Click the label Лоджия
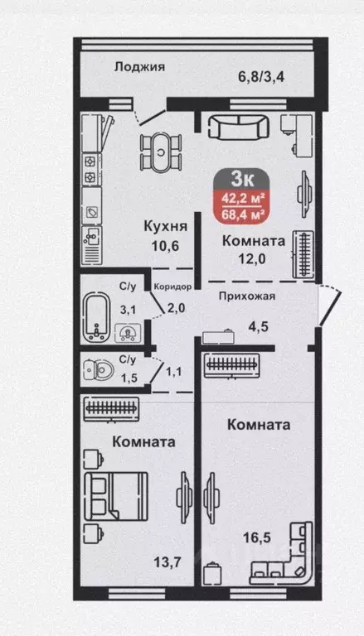(x=139, y=67)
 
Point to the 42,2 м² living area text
(x=242, y=198)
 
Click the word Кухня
(x=165, y=226)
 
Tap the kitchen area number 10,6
(x=165, y=244)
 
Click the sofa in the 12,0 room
(x=236, y=127)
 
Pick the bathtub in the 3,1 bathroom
(x=99, y=316)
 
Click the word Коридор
(x=172, y=287)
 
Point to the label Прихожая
(x=247, y=295)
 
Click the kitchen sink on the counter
(x=92, y=243)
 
